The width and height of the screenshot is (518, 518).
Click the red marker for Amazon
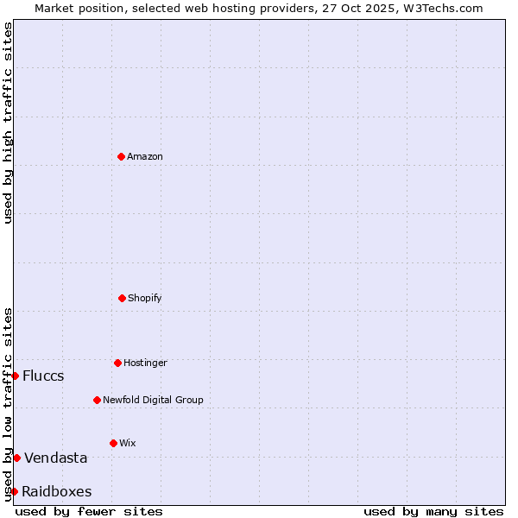coord(121,156)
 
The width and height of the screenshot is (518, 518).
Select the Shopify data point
coord(122,298)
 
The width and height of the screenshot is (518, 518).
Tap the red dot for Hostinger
coord(117,363)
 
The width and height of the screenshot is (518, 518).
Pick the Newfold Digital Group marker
coord(97,400)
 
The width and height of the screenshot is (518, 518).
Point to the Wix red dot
coord(113,443)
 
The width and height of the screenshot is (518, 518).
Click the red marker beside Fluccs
coord(15,376)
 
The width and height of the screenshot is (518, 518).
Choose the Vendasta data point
coord(16,458)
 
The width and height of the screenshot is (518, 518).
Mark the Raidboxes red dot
coord(14,491)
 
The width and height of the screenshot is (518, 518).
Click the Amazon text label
coord(145,156)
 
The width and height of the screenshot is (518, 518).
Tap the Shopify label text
coord(145,298)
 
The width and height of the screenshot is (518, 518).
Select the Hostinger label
coord(145,363)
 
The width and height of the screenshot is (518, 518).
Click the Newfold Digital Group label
coord(153,400)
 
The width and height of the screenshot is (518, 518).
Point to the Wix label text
coord(128,443)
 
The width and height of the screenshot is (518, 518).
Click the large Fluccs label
coord(43,376)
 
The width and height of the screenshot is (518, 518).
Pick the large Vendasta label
coord(56,458)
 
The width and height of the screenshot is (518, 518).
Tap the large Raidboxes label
coord(57,491)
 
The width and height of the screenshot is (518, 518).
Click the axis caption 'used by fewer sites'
coord(89,511)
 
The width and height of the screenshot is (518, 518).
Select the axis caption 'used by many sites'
coord(433,511)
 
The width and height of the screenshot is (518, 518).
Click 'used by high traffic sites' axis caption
coord(8,123)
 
